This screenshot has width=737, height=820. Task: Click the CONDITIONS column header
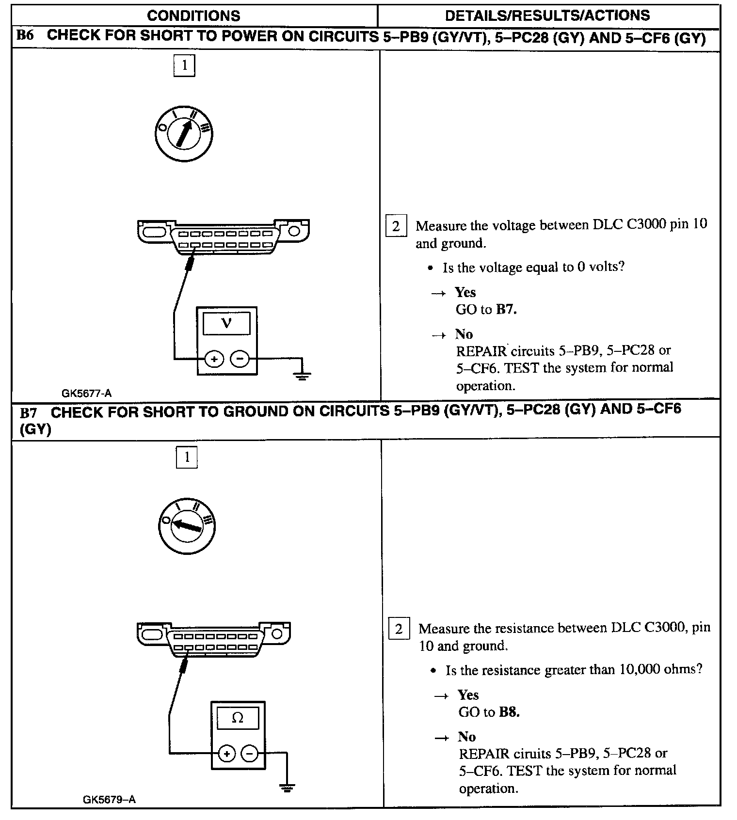coord(193,16)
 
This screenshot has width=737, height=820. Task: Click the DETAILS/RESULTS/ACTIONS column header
coord(547,16)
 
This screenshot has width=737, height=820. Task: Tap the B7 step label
coord(28,412)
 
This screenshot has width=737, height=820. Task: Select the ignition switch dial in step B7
coord(187,526)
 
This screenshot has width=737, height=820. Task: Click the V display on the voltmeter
coord(226,323)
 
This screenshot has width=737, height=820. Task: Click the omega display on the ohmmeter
coord(238,718)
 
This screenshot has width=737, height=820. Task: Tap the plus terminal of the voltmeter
coord(214,359)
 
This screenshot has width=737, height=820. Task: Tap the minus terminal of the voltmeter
coord(240,359)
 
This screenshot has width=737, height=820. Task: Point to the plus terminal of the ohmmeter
coord(226,754)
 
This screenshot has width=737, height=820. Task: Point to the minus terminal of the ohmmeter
coord(250,754)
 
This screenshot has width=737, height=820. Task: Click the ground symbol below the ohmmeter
coord(288,788)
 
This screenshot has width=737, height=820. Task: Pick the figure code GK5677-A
coord(87,393)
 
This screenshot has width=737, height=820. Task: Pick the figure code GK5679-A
coord(109,799)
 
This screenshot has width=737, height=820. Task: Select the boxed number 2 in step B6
coord(396,226)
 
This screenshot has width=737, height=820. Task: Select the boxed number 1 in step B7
coord(187,457)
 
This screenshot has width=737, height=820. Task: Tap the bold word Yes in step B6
coord(465,292)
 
